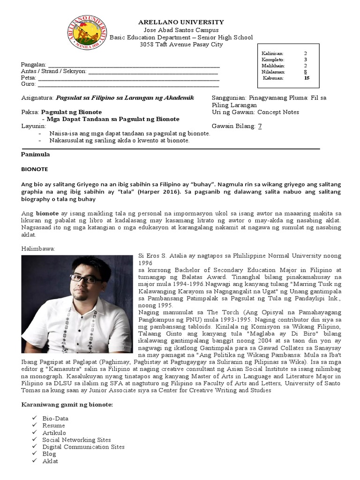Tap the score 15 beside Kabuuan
[307, 78]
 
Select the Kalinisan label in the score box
[272, 54]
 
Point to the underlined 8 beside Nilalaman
[305, 72]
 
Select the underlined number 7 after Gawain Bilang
[260, 127]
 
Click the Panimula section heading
[36, 154]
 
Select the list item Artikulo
[54, 433]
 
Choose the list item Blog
[49, 454]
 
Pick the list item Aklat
[50, 461]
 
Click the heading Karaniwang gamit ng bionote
[67, 404]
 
